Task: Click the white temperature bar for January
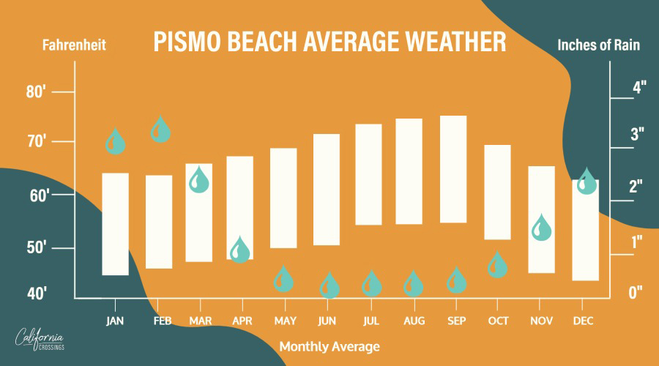[116, 224]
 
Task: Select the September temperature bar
[453, 169]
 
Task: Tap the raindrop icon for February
[160, 129]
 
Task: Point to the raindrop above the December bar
[587, 182]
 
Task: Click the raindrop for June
[329, 285]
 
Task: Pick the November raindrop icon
[541, 228]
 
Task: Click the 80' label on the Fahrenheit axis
[36, 91]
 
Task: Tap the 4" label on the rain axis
[639, 87]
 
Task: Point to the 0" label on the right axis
[636, 293]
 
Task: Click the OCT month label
[498, 321]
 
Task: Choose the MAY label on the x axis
[286, 321]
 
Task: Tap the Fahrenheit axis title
[74, 45]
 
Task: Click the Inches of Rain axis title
[598, 45]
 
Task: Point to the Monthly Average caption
[329, 347]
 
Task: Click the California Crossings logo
[40, 339]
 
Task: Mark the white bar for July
[368, 174]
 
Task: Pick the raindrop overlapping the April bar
[240, 250]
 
